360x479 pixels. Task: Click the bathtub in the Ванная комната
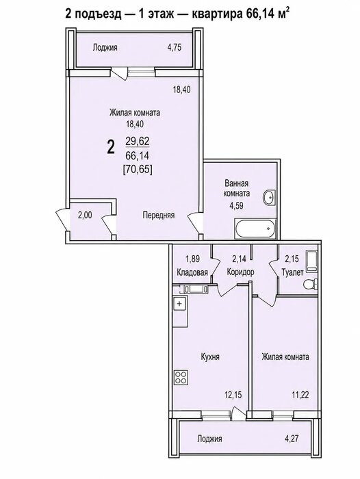[255, 229]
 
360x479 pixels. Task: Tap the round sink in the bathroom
[269, 197]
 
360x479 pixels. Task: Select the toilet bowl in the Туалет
[311, 285]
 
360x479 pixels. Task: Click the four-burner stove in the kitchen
[181, 377]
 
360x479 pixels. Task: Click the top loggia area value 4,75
[175, 48]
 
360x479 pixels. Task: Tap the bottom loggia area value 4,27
[292, 439]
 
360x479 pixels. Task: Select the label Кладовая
[192, 272]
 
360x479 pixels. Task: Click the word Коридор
[240, 272]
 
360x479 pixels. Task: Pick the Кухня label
[210, 357]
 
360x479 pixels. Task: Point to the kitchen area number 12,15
[233, 395]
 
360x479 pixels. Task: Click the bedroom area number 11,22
[300, 395]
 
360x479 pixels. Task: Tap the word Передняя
[159, 215]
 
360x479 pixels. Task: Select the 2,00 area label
[85, 215]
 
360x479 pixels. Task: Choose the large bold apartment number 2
[111, 147]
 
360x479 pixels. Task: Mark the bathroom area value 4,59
[237, 205]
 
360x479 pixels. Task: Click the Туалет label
[292, 272]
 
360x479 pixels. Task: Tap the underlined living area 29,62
[137, 141]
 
